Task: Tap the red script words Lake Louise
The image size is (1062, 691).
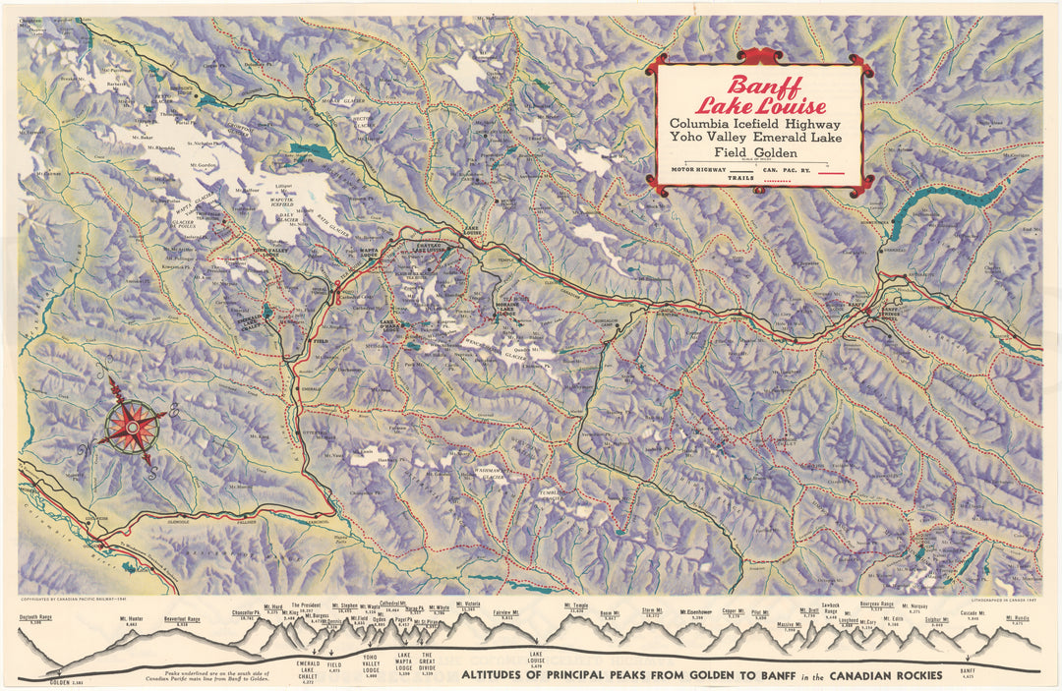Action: [759, 105]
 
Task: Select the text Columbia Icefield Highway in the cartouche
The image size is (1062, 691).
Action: [755, 125]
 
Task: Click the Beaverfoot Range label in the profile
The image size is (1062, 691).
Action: [182, 619]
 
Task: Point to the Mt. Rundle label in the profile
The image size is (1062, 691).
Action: [1017, 618]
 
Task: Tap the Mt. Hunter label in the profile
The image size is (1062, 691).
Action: [132, 618]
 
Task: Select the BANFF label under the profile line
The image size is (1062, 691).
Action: [970, 670]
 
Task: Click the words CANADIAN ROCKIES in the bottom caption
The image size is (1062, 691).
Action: [878, 675]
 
